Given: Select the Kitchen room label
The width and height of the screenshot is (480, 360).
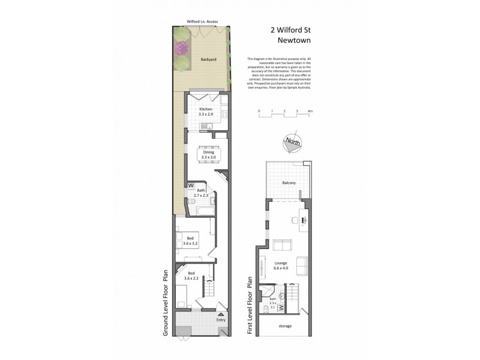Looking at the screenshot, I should (x=206, y=109).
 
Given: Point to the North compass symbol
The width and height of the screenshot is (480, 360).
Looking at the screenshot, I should (x=293, y=142).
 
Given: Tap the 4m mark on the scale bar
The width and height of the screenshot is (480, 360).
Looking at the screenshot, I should (x=310, y=112).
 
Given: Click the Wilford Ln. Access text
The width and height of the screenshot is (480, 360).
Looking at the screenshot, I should (x=202, y=22).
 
